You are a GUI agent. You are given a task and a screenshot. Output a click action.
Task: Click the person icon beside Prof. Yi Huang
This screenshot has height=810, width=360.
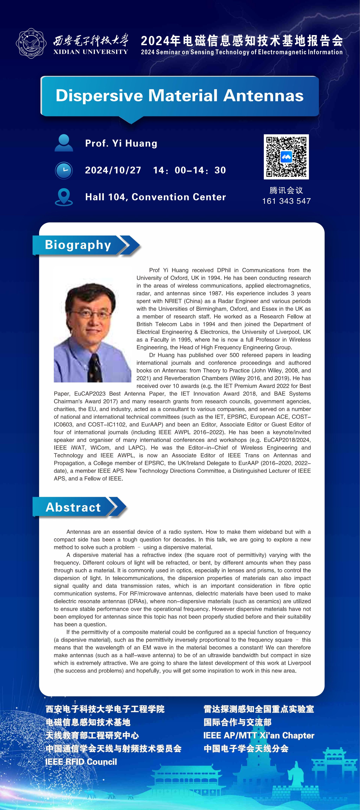tap(64, 143)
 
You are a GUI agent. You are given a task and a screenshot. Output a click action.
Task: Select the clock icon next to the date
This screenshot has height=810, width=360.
tap(64, 170)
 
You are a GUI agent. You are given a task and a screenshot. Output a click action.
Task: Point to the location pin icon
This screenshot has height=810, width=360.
tap(64, 197)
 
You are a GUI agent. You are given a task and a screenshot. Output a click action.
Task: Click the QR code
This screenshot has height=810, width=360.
tap(286, 157)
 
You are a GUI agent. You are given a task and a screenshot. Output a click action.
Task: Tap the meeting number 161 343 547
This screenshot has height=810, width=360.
tap(286, 201)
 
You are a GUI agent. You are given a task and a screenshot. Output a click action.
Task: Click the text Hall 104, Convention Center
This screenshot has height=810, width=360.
tap(156, 197)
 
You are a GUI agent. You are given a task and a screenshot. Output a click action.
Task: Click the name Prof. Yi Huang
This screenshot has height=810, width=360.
tap(121, 143)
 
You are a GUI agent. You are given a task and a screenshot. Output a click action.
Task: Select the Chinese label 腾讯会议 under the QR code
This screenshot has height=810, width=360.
tap(286, 190)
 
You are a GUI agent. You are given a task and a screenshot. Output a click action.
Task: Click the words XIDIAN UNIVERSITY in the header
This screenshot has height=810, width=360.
tap(91, 52)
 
